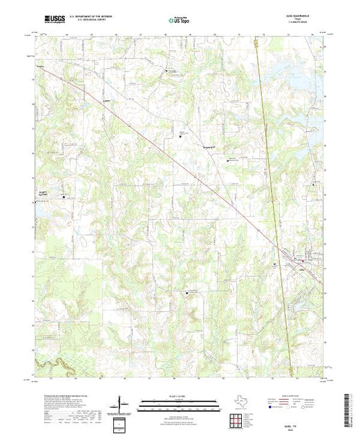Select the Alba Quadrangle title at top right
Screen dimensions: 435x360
point(308,18)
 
